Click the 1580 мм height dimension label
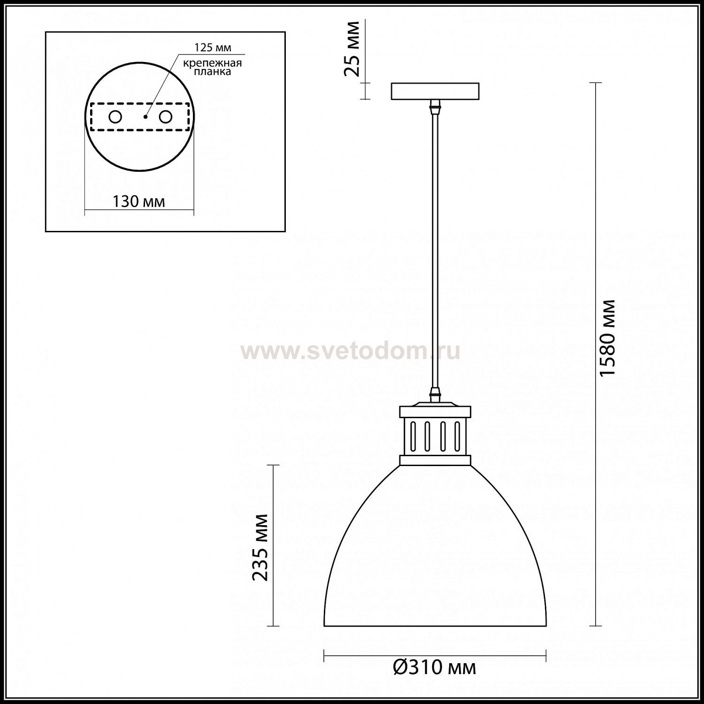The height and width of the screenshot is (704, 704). click(x=607, y=337)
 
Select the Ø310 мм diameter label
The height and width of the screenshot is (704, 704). click(x=434, y=667)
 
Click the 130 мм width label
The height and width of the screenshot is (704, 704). click(x=138, y=201)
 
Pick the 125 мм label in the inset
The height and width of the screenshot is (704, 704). click(x=213, y=47)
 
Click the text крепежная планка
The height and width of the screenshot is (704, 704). click(x=213, y=67)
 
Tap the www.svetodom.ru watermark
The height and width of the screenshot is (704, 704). click(x=351, y=351)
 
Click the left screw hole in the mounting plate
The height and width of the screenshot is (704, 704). click(x=115, y=117)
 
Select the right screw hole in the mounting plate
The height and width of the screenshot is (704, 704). click(x=165, y=117)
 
